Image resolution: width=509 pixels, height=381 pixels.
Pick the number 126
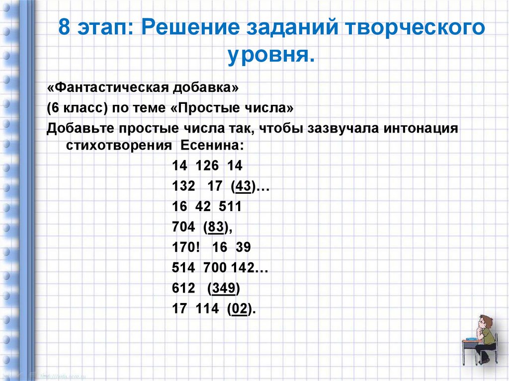pyautogui.click(x=207, y=166)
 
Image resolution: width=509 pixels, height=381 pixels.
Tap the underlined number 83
pyautogui.click(x=215, y=227)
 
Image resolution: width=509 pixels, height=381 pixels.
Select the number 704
pyautogui.click(x=183, y=227)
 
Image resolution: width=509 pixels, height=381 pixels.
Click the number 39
pyautogui.click(x=244, y=247)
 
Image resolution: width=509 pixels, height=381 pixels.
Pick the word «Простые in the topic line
pyautogui.click(x=207, y=108)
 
